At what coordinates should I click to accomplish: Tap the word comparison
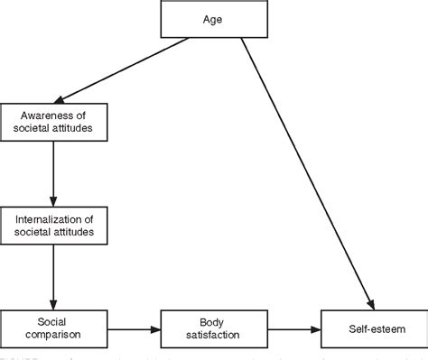click(x=54, y=336)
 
